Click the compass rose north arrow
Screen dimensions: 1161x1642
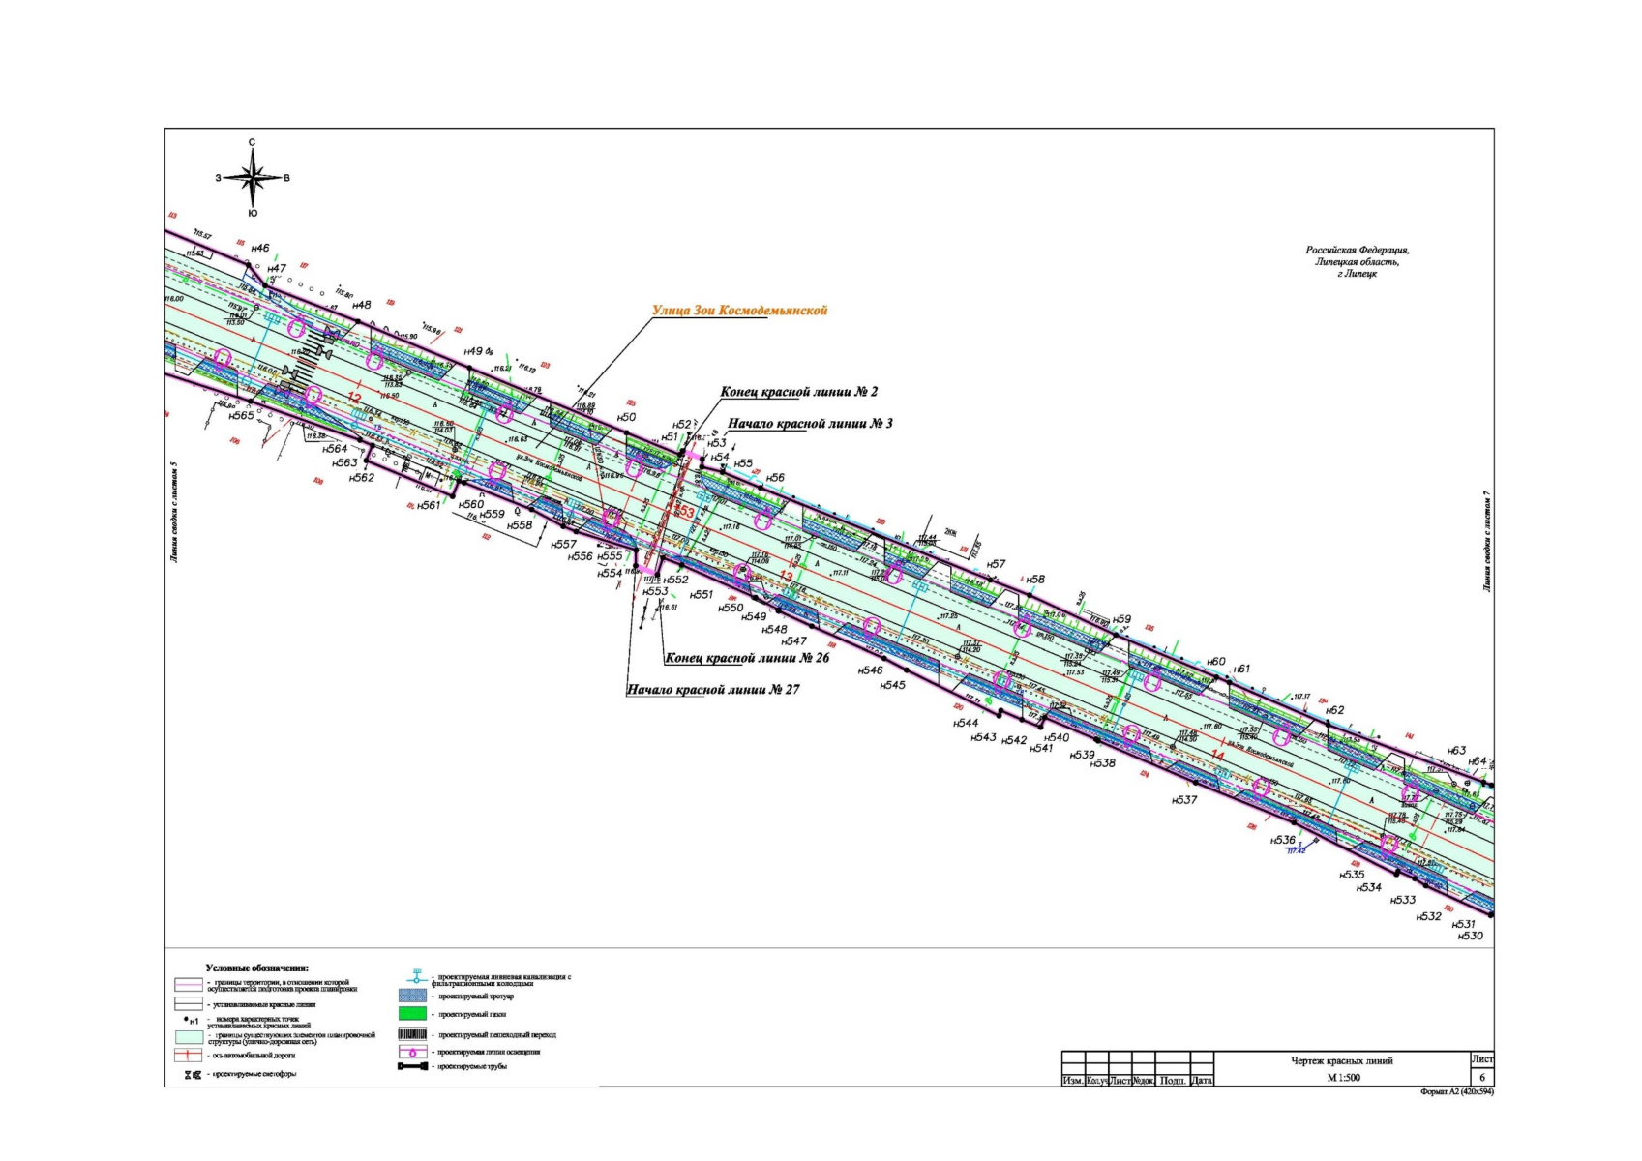tap(252, 161)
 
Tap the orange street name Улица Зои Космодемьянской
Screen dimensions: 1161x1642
tap(740, 311)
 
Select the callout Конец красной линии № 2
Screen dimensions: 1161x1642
tap(799, 392)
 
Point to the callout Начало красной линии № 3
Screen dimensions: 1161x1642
tap(810, 424)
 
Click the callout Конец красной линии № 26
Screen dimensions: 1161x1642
tap(747, 658)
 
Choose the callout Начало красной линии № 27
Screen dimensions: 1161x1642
tap(713, 690)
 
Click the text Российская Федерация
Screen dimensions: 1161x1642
tap(1357, 250)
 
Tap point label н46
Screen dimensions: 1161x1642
tap(260, 249)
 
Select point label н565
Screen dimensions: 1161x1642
tap(242, 415)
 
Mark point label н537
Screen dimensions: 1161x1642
tap(1184, 800)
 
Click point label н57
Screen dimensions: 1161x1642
tap(996, 564)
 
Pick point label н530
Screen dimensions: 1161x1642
tap(1470, 936)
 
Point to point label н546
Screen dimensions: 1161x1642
tap(870, 670)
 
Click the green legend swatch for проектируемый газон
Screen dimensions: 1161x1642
tap(412, 1014)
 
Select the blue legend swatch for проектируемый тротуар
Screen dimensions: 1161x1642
tap(412, 996)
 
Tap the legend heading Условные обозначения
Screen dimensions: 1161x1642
tap(256, 967)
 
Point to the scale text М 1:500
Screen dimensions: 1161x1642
tap(1343, 1077)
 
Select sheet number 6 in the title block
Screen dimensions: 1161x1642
tap(1481, 1077)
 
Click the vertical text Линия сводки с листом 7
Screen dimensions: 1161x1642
tap(1486, 541)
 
